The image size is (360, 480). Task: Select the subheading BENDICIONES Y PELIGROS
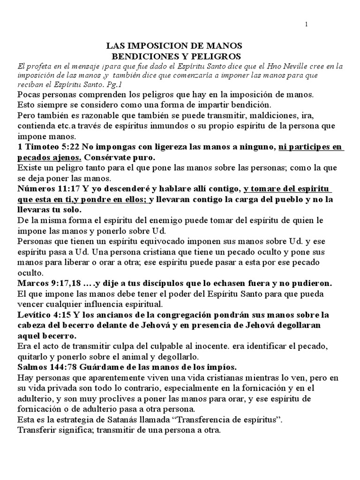click(x=174, y=55)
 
